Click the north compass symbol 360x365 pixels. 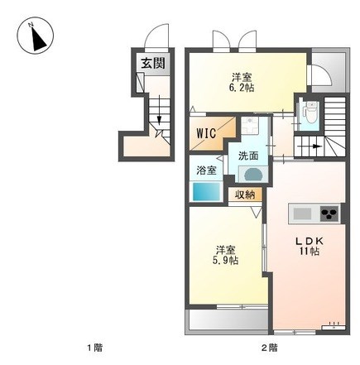click(36, 36)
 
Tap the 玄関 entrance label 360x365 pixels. click(153, 63)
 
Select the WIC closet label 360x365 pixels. click(206, 133)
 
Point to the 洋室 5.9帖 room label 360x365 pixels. click(225, 255)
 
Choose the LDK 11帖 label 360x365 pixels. click(310, 245)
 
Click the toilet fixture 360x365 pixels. click(310, 113)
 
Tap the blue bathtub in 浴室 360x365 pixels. click(206, 191)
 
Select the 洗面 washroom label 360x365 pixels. click(248, 156)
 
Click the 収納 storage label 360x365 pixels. click(245, 195)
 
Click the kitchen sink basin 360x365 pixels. click(302, 214)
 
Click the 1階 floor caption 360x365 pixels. click(94, 348)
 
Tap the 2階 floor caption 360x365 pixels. click(269, 348)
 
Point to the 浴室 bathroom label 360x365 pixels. click(206, 170)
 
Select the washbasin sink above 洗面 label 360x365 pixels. click(250, 126)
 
